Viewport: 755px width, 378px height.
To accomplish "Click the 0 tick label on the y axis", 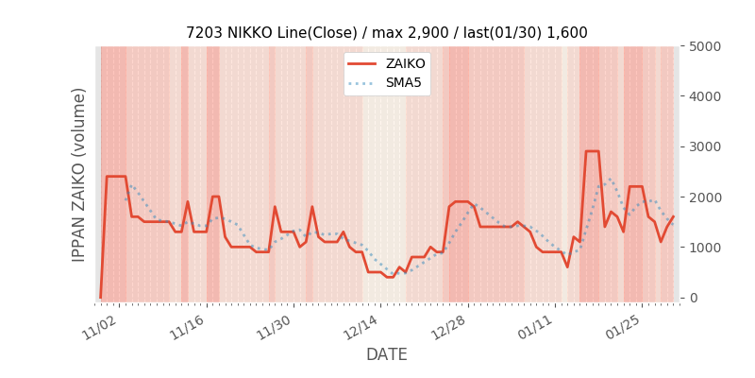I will pyautogui.click(x=694, y=298).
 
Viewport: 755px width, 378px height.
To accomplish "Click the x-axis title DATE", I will pyautogui.click(x=387, y=355).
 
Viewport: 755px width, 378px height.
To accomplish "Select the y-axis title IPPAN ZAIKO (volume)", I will pyautogui.click(x=79, y=175).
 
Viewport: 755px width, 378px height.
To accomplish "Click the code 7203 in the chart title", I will pyautogui.click(x=204, y=33).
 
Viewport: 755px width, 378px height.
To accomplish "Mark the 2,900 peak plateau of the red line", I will pyautogui.click(x=592, y=151).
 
